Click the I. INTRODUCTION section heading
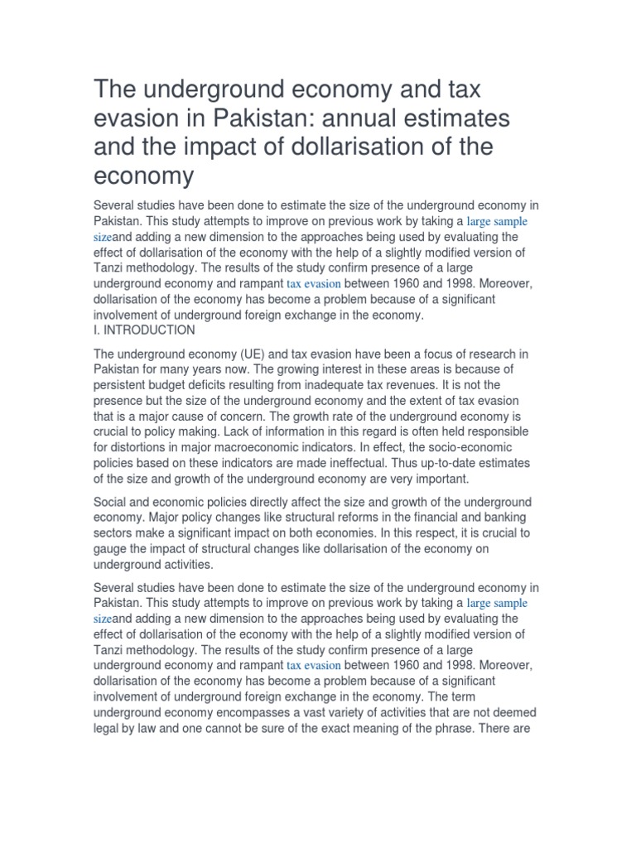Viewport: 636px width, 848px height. point(145,330)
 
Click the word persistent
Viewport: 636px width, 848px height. point(125,385)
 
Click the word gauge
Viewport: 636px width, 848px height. point(112,550)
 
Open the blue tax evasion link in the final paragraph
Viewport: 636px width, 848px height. point(313,665)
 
